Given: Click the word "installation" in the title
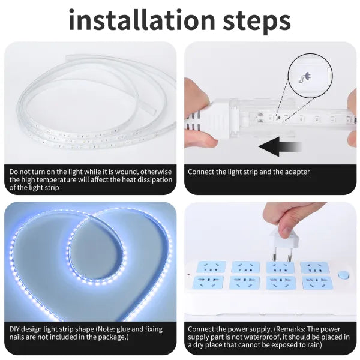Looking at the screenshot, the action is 142,20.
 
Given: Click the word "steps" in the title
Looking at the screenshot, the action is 257,22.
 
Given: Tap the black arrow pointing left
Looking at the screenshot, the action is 280,146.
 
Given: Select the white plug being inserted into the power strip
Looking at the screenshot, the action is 283,245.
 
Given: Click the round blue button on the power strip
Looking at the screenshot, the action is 343,275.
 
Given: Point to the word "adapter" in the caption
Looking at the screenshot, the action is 297,172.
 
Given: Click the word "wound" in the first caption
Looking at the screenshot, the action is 126,172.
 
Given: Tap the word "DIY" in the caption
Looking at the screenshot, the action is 14,329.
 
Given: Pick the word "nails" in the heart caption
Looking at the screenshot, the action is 17,337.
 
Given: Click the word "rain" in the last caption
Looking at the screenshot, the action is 314,344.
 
